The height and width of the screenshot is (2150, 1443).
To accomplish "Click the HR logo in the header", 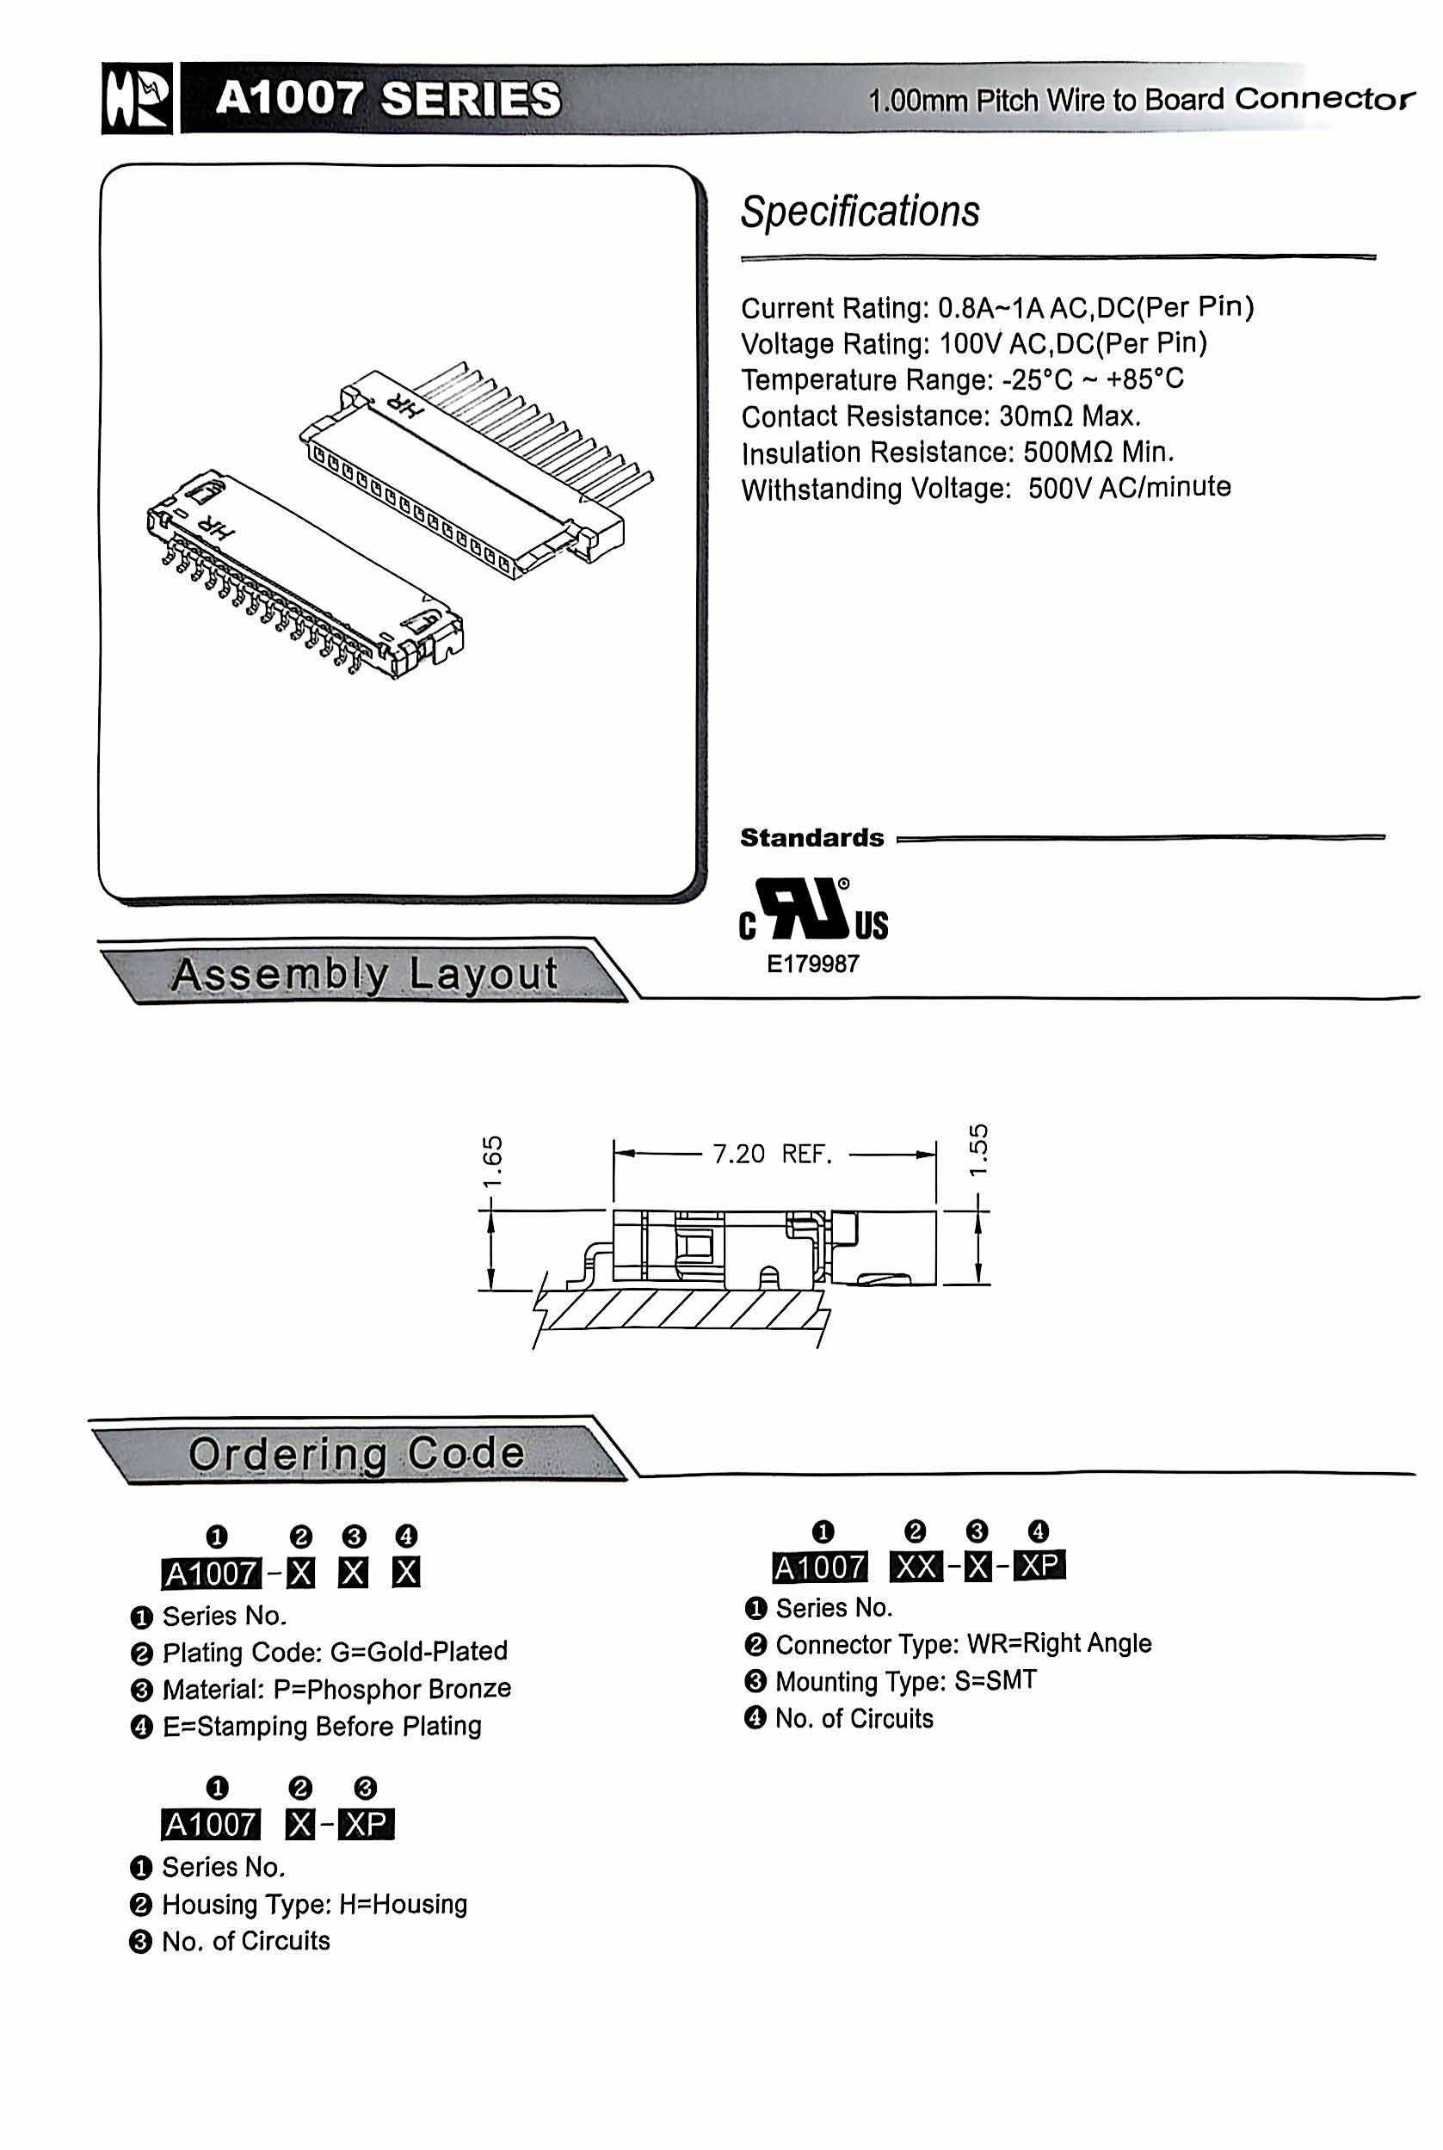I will [136, 99].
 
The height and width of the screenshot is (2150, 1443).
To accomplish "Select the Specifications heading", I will [860, 212].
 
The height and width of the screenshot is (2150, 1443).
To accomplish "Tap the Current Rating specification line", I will [996, 307].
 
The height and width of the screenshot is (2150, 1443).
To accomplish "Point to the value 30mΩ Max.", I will [1070, 416].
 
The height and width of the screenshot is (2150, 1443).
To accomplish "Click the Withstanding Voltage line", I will [985, 488].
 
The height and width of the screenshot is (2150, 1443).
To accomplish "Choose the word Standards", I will [811, 838].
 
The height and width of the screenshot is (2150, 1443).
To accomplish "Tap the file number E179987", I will [812, 964].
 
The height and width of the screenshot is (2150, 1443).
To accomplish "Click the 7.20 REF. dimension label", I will [772, 1154].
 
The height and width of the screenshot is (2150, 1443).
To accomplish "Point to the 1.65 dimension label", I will [492, 1163].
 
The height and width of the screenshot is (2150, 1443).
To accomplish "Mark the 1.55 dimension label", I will [979, 1149].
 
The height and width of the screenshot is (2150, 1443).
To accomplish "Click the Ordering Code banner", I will [356, 1455].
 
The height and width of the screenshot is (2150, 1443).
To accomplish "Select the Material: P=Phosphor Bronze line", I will [336, 1689].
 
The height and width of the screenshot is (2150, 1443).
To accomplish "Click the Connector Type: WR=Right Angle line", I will [963, 1644].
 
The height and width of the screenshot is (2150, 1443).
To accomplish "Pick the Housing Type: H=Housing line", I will [314, 1903].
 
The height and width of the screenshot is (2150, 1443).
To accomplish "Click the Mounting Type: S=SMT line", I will [905, 1681].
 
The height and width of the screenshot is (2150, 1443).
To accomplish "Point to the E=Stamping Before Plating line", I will [321, 1726].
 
